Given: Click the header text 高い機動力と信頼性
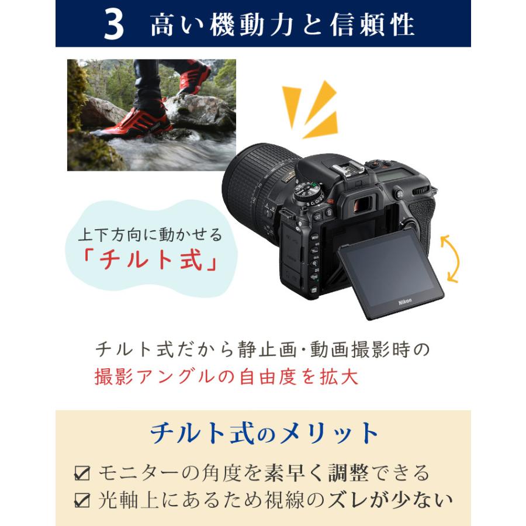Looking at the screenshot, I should [x=282, y=25].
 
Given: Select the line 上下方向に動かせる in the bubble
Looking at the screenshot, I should [x=150, y=236].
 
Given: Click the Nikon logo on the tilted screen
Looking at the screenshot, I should [x=405, y=301].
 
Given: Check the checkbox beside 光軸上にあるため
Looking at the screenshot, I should [x=82, y=500].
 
